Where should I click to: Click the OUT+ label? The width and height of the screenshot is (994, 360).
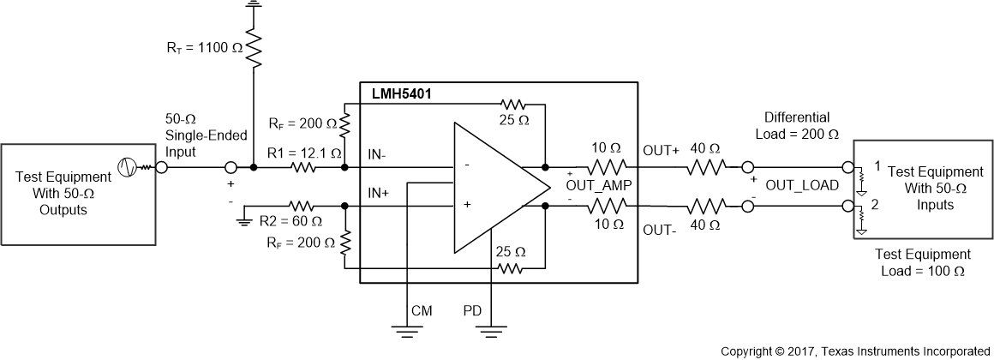(x=660, y=151)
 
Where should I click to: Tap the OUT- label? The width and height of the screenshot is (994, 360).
(x=659, y=229)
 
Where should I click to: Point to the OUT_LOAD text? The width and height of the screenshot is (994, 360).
(x=801, y=185)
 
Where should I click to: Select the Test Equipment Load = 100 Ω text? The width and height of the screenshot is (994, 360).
(x=923, y=262)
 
